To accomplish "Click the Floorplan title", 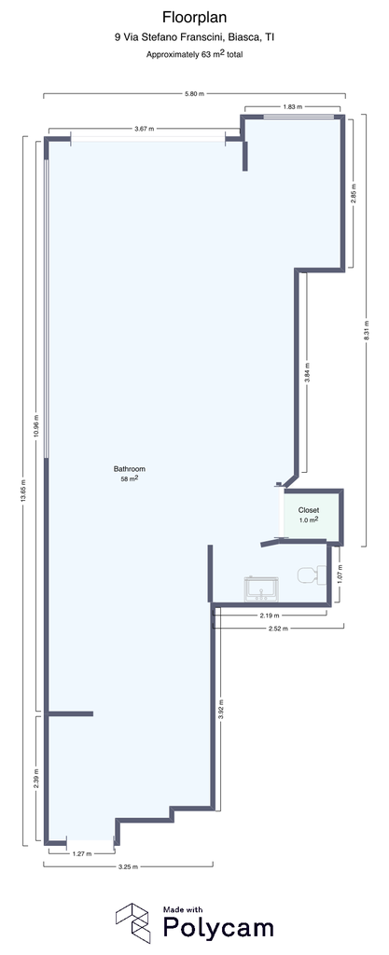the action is click(x=194, y=19).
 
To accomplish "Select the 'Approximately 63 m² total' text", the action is click(x=195, y=53).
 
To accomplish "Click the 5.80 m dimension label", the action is click(x=194, y=94).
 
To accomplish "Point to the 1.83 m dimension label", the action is click(x=293, y=107).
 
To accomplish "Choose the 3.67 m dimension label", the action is click(x=144, y=129).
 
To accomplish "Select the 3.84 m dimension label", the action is click(x=307, y=372).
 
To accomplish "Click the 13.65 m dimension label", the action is click(x=23, y=490).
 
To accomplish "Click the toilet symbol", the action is click(x=312, y=575).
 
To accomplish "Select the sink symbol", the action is click(x=261, y=589).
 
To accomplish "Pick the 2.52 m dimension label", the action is click(x=278, y=628).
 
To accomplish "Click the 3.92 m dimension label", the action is click(x=220, y=710).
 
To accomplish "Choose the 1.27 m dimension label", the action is click(x=81, y=853).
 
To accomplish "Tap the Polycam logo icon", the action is click(x=133, y=922).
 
